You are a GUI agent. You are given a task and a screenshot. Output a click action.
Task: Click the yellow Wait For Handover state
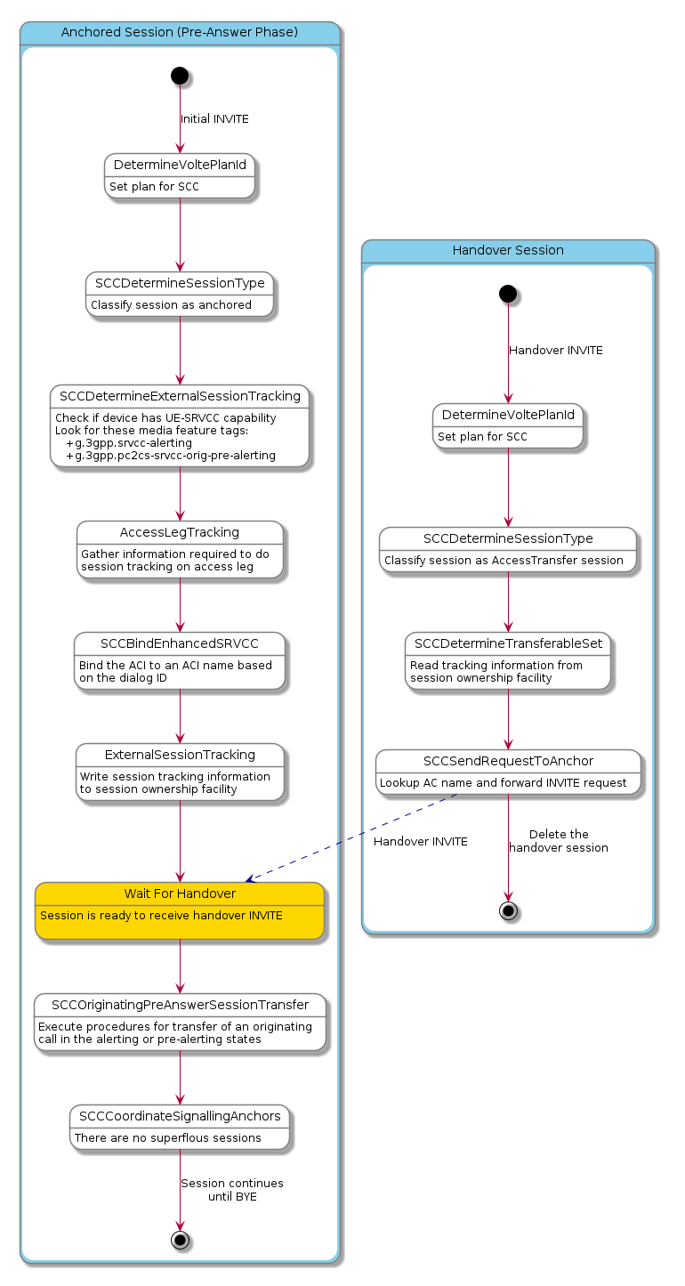(x=179, y=910)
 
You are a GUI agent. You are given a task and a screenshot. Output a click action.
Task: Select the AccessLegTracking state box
(x=180, y=550)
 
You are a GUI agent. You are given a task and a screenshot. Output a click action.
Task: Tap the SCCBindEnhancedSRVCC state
(x=180, y=661)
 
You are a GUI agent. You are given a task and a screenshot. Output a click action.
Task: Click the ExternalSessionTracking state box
(x=180, y=772)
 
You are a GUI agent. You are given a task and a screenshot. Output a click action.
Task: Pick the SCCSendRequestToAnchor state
(x=508, y=772)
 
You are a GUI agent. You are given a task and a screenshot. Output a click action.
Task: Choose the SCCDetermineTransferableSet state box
(x=508, y=660)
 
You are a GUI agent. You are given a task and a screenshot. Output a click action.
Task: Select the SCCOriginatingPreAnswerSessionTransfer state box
(x=180, y=1022)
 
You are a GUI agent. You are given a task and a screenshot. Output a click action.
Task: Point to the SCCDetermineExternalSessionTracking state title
(x=180, y=395)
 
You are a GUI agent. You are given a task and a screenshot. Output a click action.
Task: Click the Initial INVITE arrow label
(x=214, y=119)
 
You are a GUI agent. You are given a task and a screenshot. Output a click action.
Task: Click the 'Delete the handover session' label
(x=559, y=841)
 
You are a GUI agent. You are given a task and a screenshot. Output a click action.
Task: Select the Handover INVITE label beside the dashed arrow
(x=421, y=842)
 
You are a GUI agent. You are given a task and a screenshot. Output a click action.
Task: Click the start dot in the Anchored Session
(x=180, y=77)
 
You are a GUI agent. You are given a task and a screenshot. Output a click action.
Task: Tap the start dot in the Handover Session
(x=508, y=293)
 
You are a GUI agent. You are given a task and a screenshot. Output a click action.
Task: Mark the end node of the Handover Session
(x=508, y=910)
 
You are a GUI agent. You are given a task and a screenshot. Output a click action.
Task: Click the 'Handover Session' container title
(x=508, y=250)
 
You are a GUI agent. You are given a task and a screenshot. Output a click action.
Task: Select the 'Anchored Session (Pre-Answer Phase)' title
(x=180, y=33)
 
